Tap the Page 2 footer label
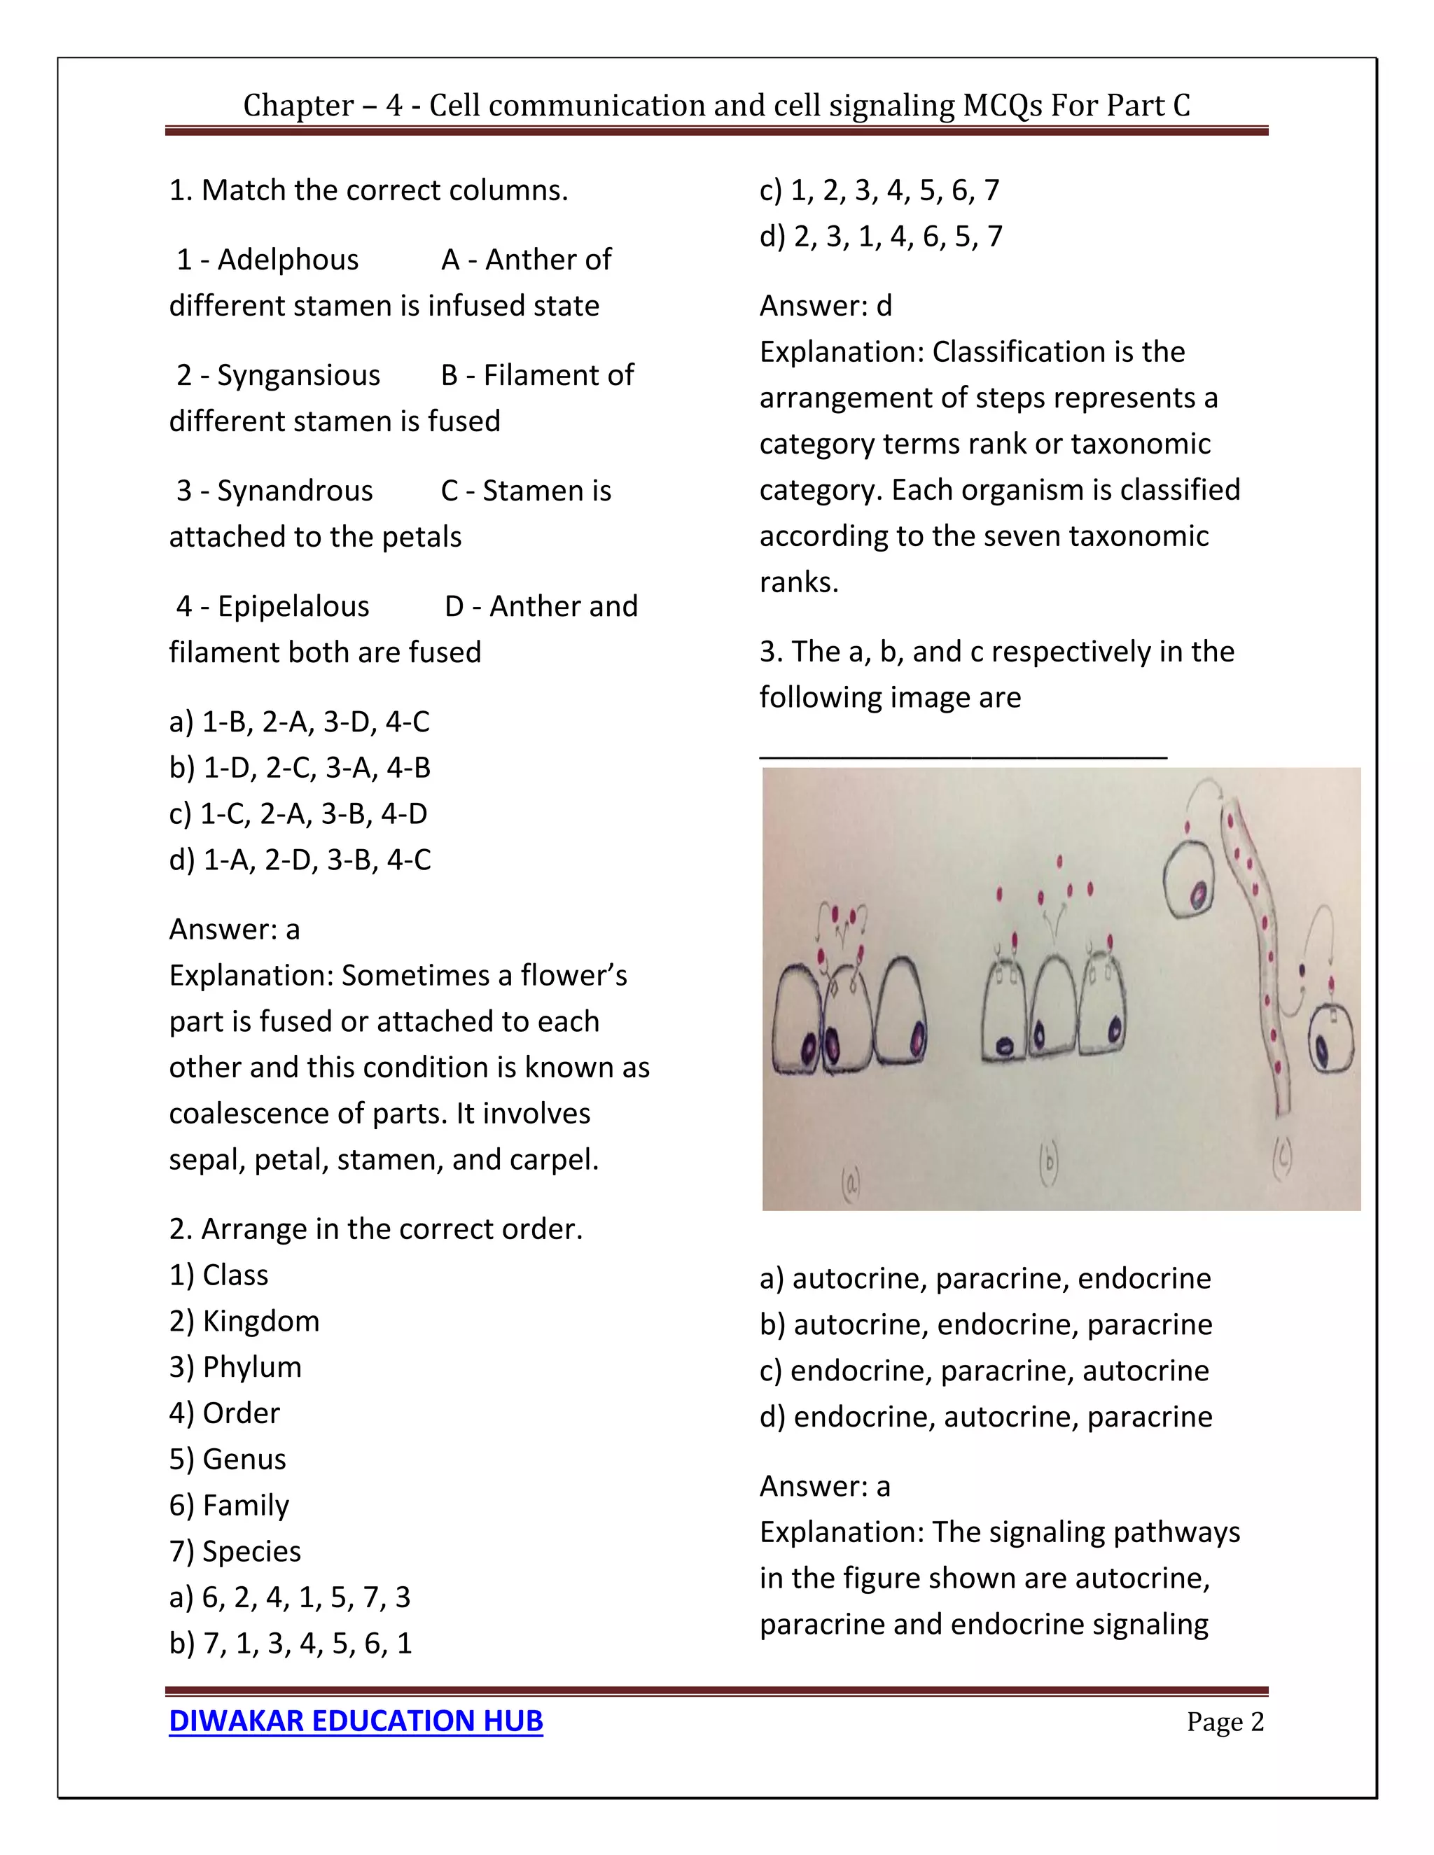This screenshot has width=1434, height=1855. (1225, 1722)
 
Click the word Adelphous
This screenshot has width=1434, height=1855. (288, 259)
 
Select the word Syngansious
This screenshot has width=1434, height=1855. (298, 374)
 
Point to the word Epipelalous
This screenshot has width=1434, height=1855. (293, 605)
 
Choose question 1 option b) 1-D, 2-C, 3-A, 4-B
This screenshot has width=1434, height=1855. (300, 767)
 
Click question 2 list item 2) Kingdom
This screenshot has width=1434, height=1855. (244, 1321)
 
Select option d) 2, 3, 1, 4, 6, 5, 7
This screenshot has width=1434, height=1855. (881, 235)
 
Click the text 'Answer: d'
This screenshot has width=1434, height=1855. (826, 305)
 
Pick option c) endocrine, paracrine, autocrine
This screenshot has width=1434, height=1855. (984, 1370)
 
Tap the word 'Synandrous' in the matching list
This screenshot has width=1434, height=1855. (295, 490)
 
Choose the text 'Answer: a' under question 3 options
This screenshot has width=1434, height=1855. (825, 1485)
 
